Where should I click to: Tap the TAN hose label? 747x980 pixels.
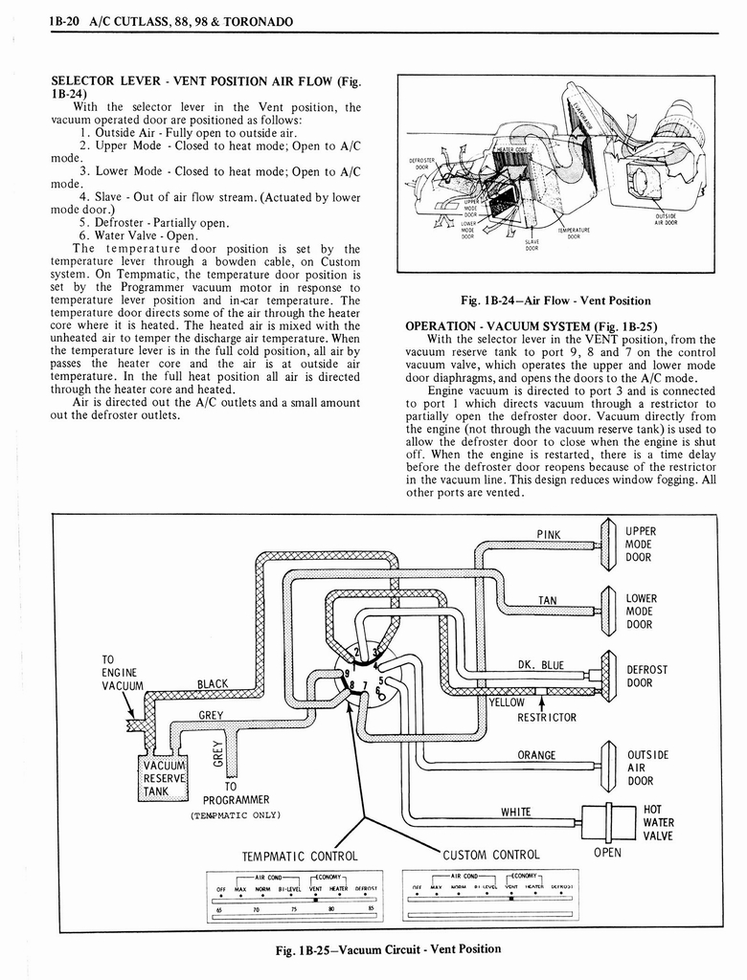click(x=547, y=601)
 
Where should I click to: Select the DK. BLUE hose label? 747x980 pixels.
click(x=541, y=665)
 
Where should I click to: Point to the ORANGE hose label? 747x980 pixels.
click(x=536, y=755)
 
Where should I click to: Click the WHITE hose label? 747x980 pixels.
click(x=516, y=813)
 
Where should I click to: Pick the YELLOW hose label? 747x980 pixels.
click(x=508, y=702)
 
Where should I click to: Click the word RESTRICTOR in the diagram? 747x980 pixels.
click(x=547, y=717)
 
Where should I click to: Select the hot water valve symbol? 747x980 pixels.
click(x=610, y=822)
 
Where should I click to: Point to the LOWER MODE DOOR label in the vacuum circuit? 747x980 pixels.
click(x=641, y=612)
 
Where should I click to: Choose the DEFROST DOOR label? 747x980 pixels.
click(x=646, y=677)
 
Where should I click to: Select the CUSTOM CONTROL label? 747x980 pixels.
click(x=492, y=856)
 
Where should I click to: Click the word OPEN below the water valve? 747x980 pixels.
click(x=607, y=853)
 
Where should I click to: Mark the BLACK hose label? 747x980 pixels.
click(x=213, y=683)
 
